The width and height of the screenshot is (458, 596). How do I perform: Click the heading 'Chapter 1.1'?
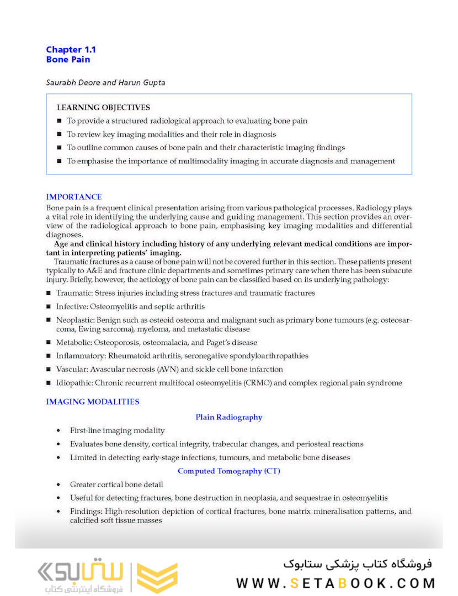coord(71,50)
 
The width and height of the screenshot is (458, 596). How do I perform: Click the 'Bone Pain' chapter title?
coord(68,60)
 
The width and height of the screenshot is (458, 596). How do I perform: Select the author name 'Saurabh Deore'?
coord(73,83)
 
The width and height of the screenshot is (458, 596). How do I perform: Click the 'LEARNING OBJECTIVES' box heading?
coord(103,108)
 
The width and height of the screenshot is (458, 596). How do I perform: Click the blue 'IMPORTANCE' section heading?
coord(73,197)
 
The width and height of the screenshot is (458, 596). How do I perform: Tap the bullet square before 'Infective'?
coord(49,307)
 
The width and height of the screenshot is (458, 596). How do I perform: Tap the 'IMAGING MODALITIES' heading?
coord(92,402)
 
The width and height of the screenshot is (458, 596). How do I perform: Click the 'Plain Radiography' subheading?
coord(228,417)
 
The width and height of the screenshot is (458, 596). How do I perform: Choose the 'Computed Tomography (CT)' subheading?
coord(228,471)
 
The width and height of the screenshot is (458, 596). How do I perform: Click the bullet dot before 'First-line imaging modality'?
coord(58,430)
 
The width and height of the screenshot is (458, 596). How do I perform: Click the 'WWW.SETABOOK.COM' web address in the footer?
coord(335,583)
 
